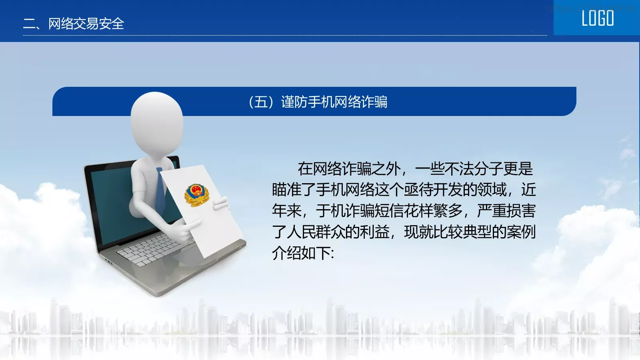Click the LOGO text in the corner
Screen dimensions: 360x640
598,18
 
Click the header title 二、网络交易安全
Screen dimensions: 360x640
74,24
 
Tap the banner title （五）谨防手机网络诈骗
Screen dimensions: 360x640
318,102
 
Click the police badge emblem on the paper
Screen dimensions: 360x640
196,195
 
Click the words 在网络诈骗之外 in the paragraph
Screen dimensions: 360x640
349,169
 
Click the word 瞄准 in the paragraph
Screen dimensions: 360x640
286,190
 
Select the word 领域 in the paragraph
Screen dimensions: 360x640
492,190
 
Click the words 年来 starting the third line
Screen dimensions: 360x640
286,211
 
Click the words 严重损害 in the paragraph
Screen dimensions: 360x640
506,211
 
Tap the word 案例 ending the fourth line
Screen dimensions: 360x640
521,232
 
